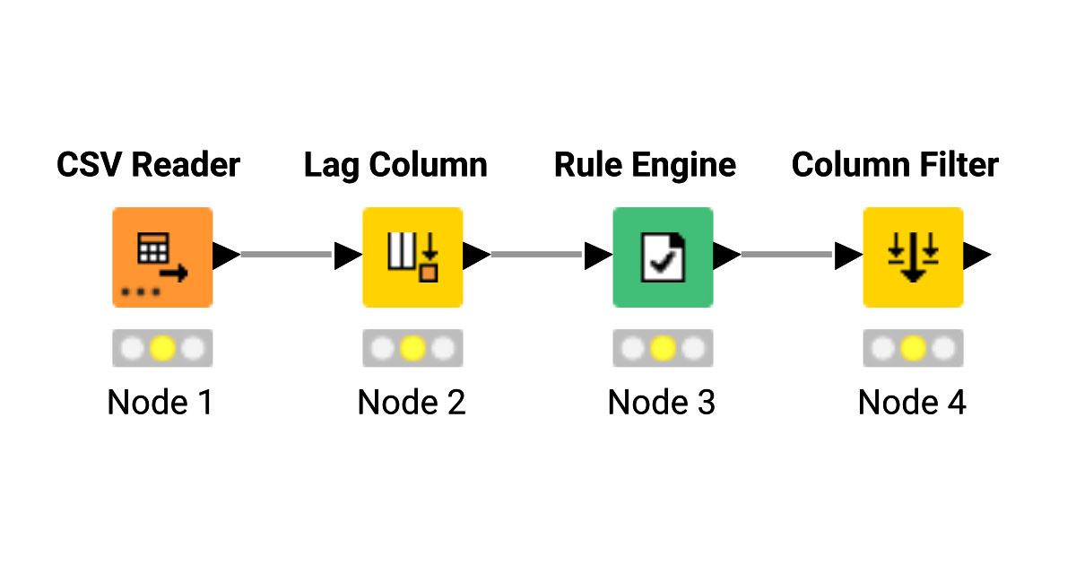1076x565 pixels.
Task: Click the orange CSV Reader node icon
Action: (x=162, y=257)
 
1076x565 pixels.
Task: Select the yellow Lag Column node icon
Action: (x=412, y=257)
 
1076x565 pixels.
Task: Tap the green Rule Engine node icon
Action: (x=663, y=257)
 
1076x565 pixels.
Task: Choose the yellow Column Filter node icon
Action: (x=913, y=257)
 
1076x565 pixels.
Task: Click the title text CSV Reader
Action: (x=148, y=165)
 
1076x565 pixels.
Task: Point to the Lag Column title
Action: (x=395, y=165)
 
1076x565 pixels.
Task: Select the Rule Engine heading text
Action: (x=645, y=165)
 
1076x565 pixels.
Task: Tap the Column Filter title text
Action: (x=895, y=165)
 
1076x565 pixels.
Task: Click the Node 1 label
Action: (x=161, y=403)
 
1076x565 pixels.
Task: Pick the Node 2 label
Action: (x=412, y=403)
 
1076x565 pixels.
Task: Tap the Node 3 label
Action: (x=662, y=403)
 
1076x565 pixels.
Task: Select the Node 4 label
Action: (x=912, y=403)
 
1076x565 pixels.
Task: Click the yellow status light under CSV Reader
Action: (x=162, y=348)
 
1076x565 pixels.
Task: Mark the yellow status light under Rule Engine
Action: (x=663, y=348)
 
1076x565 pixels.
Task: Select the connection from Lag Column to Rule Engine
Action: (x=537, y=256)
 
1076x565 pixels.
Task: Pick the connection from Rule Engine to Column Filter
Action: (x=787, y=256)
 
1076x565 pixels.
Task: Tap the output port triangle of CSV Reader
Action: (x=224, y=256)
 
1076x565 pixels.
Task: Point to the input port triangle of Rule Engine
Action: (x=596, y=256)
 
